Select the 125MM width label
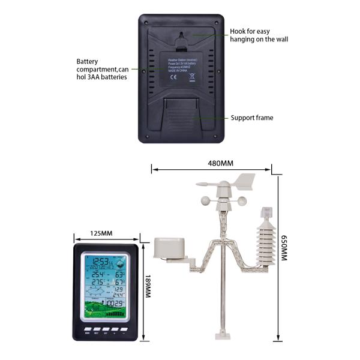click(x=101, y=233)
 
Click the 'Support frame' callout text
click(x=252, y=118)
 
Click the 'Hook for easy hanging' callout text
click(x=259, y=35)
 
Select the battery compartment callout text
click(x=101, y=70)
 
